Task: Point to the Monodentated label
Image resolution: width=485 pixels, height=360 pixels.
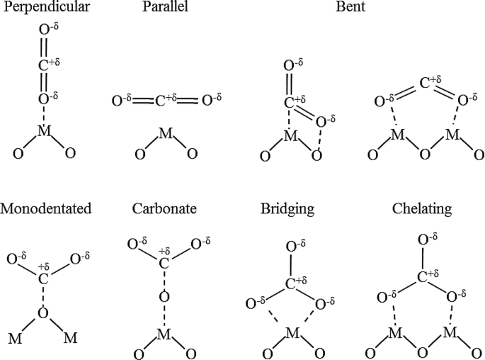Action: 46,209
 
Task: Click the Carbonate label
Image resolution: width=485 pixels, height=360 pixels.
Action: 164,209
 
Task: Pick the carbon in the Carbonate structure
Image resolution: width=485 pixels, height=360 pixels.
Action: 164,263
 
